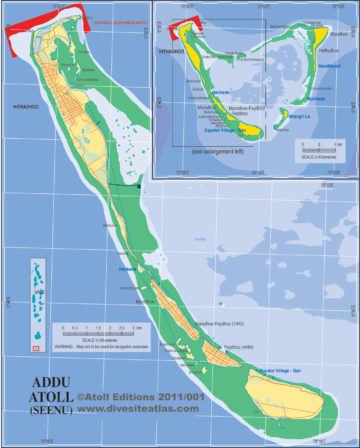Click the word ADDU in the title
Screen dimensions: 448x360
coord(48,381)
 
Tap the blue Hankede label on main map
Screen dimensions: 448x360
coord(126,268)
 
